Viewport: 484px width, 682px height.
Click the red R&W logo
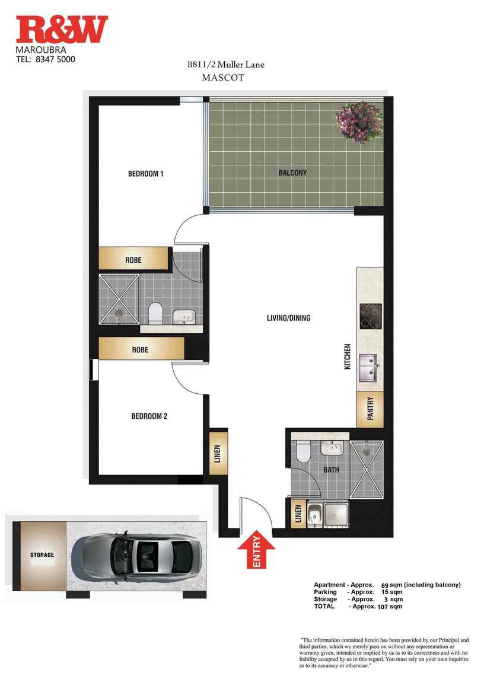62,30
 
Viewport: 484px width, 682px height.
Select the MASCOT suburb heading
223,78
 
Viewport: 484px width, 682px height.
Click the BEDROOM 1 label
146,174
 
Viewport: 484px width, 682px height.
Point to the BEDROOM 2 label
149,416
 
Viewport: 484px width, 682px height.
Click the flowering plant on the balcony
359,122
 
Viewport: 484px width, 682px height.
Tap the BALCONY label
292,173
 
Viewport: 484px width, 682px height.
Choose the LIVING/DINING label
288,318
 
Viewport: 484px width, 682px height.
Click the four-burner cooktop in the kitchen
371,316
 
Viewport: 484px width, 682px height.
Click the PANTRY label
371,409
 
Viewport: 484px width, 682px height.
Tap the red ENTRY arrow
256,549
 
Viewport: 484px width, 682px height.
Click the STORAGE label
42,554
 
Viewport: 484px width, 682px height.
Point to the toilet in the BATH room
302,451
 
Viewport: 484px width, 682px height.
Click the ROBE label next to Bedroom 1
133,260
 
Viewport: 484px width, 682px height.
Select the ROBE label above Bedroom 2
140,350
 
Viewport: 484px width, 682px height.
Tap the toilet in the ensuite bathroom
155,313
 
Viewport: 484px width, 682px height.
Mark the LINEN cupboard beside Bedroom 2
218,452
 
